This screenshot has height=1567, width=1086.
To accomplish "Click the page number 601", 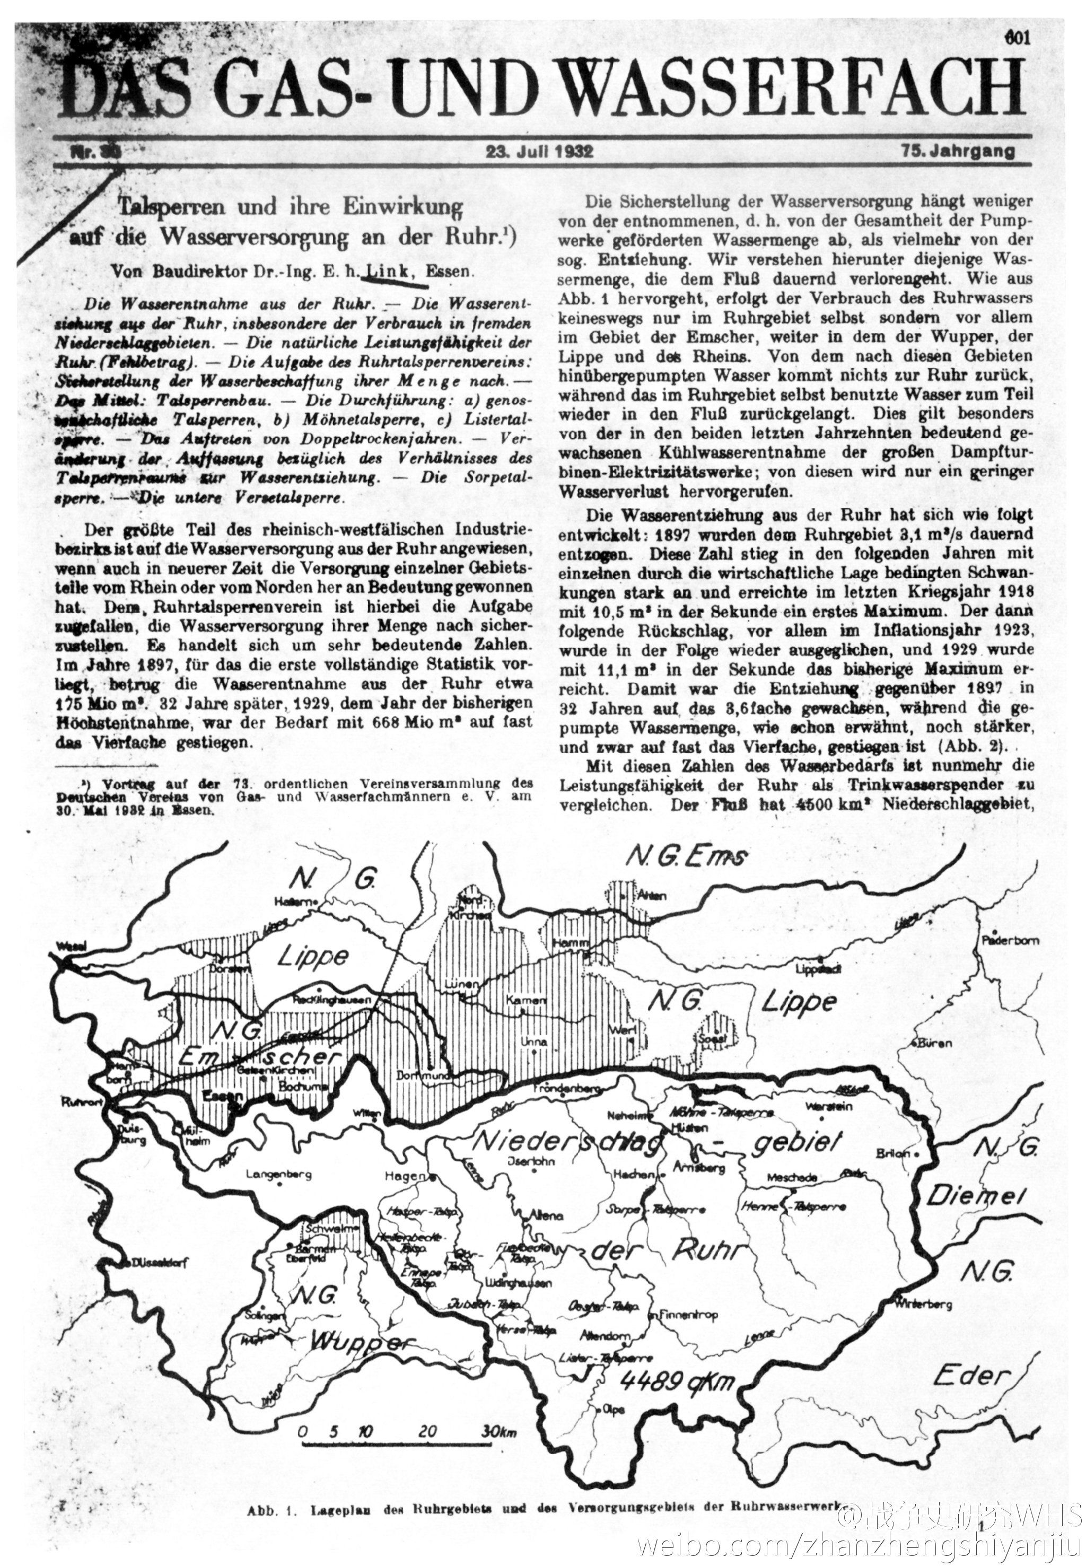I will (x=1017, y=38).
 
